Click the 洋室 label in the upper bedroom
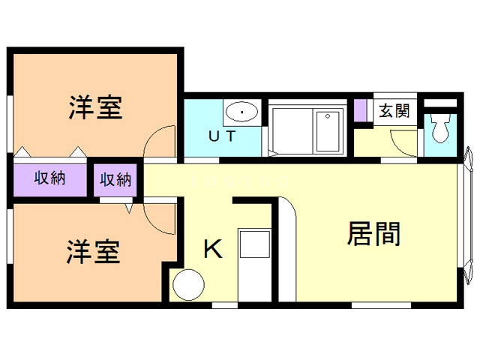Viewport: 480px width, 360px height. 95,108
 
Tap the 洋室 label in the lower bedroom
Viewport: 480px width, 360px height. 93,252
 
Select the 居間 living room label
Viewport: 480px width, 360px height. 373,234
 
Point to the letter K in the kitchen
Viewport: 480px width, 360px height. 214,249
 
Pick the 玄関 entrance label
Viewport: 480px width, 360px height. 394,111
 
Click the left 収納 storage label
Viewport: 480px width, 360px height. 49,178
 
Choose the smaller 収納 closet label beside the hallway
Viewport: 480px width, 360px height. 116,180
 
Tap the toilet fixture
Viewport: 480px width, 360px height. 440,129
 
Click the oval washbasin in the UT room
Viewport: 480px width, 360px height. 241,113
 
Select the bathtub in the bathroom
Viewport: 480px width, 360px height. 327,131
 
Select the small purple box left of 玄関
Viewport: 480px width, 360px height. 360,111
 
